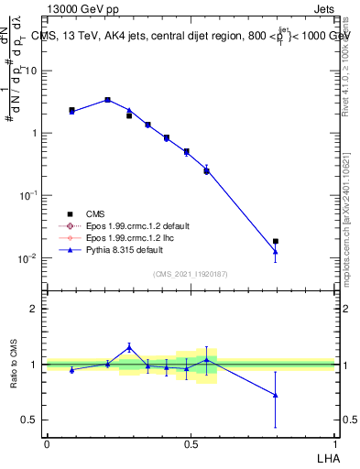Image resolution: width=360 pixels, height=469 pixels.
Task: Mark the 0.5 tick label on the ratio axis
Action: click(x=33, y=420)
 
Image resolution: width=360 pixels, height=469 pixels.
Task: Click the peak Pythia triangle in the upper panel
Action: click(x=107, y=99)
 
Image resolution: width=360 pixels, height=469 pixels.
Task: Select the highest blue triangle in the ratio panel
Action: click(x=129, y=347)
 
